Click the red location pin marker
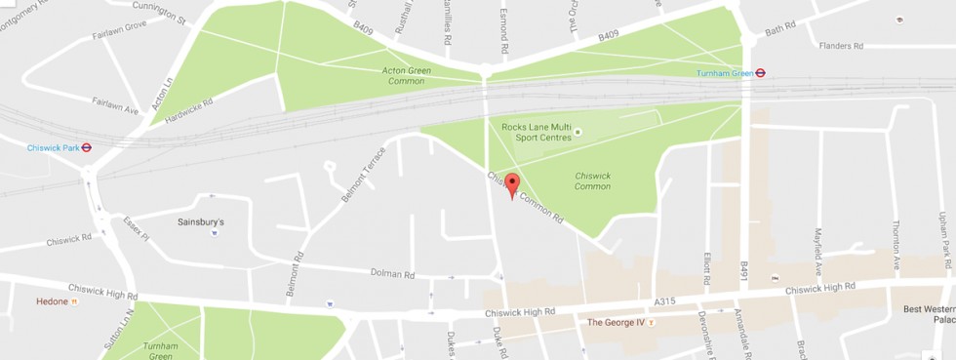click(512, 184)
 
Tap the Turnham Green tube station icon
click(760, 72)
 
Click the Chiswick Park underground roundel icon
click(87, 148)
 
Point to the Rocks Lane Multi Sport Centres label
click(536, 132)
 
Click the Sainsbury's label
click(201, 221)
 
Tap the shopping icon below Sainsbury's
click(214, 234)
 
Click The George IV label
click(617, 321)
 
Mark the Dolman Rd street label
click(393, 274)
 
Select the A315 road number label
click(666, 302)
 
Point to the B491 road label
click(743, 273)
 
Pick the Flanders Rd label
click(841, 46)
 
